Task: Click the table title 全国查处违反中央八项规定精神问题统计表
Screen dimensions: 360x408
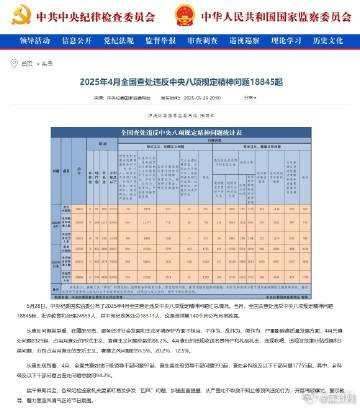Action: pos(180,131)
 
